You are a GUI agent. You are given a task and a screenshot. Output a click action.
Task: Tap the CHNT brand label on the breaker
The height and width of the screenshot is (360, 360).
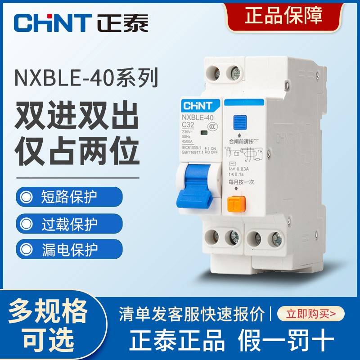tap(194, 106)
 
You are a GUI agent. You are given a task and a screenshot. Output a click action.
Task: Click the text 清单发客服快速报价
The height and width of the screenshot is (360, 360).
tap(192, 313)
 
